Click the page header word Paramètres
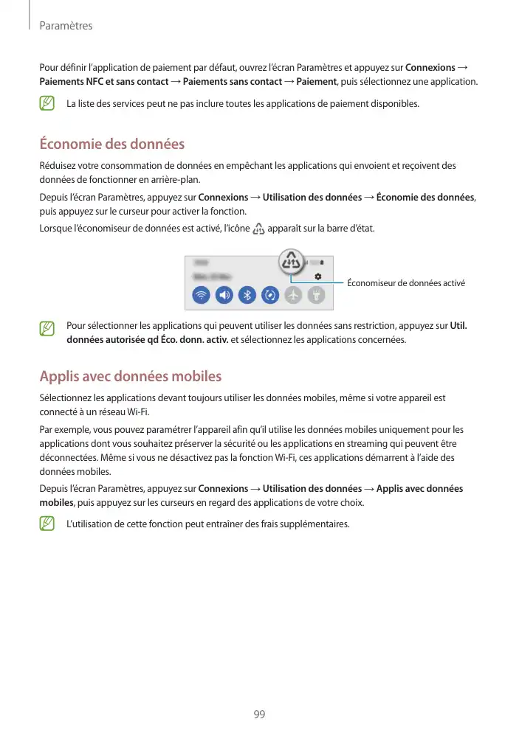pos(66,26)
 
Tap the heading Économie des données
pos(111,144)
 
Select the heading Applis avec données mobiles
pos(130,377)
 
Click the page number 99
pos(259,715)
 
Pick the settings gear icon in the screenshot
pos(318,275)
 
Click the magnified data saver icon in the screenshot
pos(292,261)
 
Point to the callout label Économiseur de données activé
pos(406,282)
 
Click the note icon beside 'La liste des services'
pos(48,104)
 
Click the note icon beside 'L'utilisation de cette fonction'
pos(48,524)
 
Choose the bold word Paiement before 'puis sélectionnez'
pos(316,81)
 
